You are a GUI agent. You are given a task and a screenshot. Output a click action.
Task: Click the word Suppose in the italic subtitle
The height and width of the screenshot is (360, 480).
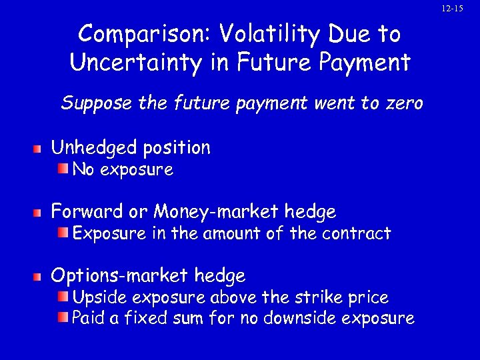(90, 104)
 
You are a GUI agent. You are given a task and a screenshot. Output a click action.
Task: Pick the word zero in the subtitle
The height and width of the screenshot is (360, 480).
(399, 104)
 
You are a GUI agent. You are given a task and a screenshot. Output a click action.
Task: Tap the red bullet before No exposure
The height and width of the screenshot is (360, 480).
(62, 170)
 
